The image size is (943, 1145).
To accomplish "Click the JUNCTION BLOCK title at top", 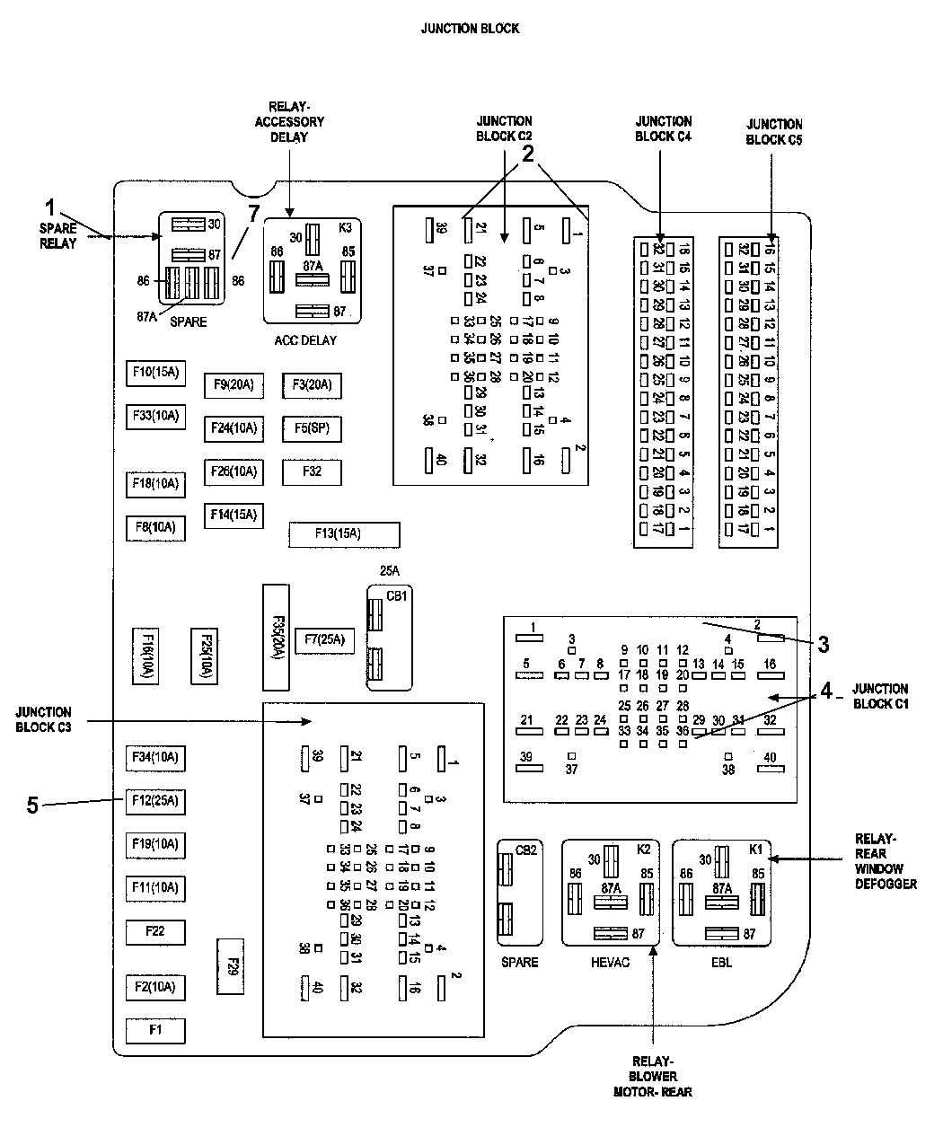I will (470, 29).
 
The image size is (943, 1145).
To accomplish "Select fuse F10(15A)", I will (155, 372).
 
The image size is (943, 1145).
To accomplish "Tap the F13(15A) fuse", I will (344, 533).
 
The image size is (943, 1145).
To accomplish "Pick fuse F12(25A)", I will (155, 800).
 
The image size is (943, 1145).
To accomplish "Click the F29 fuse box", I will (231, 965).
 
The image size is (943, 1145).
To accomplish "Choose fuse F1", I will (155, 1030).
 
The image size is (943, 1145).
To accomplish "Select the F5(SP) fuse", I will (312, 428).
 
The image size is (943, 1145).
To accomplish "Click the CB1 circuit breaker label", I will (396, 595).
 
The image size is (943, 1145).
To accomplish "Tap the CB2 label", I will (526, 850).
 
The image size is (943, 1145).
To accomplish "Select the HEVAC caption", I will (610, 963).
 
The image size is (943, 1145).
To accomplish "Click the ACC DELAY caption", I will (305, 340).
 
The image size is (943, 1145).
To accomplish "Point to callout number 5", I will (32, 806).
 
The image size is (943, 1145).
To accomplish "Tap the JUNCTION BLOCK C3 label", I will (43, 719).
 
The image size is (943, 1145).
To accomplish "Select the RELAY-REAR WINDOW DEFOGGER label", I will (886, 862).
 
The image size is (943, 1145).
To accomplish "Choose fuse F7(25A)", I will (324, 640).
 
